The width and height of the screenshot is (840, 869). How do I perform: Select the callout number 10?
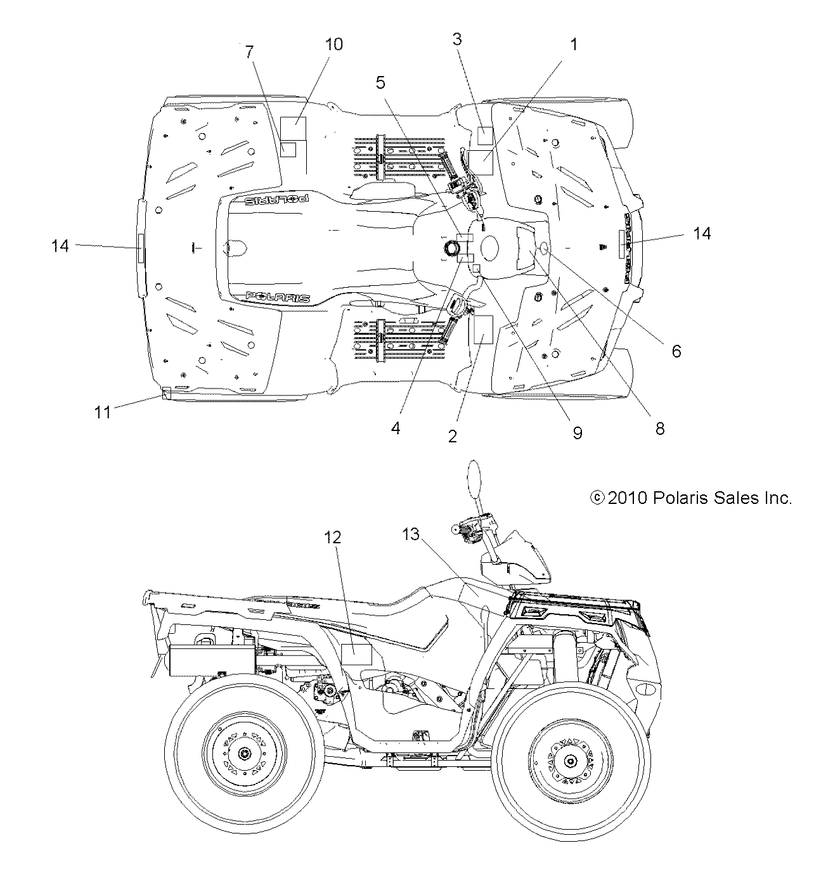[333, 44]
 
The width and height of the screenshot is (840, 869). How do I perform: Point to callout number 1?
[574, 44]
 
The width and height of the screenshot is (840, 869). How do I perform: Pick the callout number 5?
[380, 82]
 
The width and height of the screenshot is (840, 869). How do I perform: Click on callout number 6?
[676, 351]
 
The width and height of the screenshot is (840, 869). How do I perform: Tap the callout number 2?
[452, 436]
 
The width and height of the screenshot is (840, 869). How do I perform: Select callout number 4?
[396, 428]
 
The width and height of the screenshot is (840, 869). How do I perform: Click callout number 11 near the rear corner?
[103, 413]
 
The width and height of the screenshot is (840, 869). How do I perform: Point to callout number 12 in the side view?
[333, 537]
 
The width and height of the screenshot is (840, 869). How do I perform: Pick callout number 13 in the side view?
[411, 534]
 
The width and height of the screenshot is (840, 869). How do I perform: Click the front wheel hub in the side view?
[570, 761]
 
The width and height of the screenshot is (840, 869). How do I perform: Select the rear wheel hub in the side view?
[243, 754]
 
